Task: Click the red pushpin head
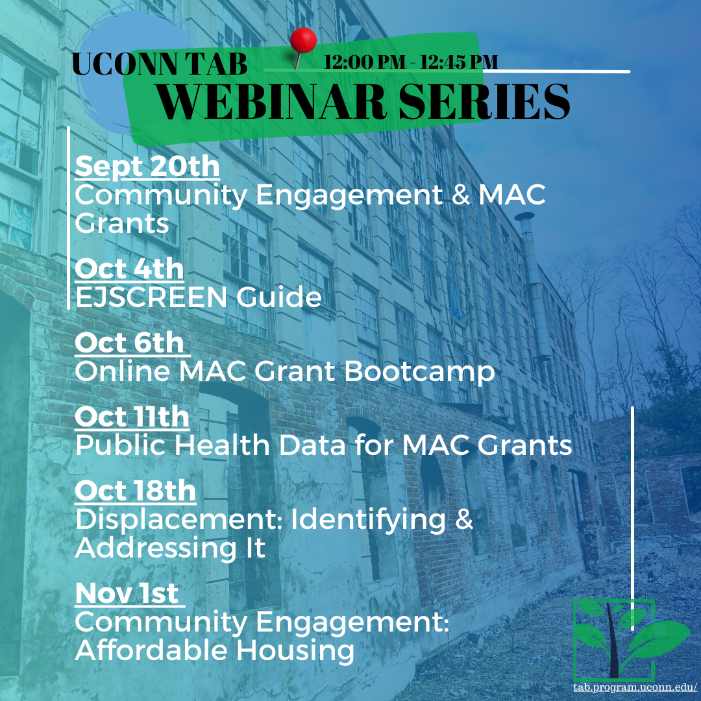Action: click(303, 41)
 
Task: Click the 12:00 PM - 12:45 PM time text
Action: click(410, 62)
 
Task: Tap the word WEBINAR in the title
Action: click(271, 102)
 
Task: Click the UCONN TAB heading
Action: click(160, 64)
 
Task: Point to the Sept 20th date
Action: click(147, 167)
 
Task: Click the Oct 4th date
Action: click(129, 269)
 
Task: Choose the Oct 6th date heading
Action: click(129, 343)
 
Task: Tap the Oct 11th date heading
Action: click(132, 417)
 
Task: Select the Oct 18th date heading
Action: click(136, 491)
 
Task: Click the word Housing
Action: click(295, 651)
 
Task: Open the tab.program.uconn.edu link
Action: click(635, 687)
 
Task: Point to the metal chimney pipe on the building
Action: click(534, 286)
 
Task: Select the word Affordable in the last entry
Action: click(151, 650)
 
